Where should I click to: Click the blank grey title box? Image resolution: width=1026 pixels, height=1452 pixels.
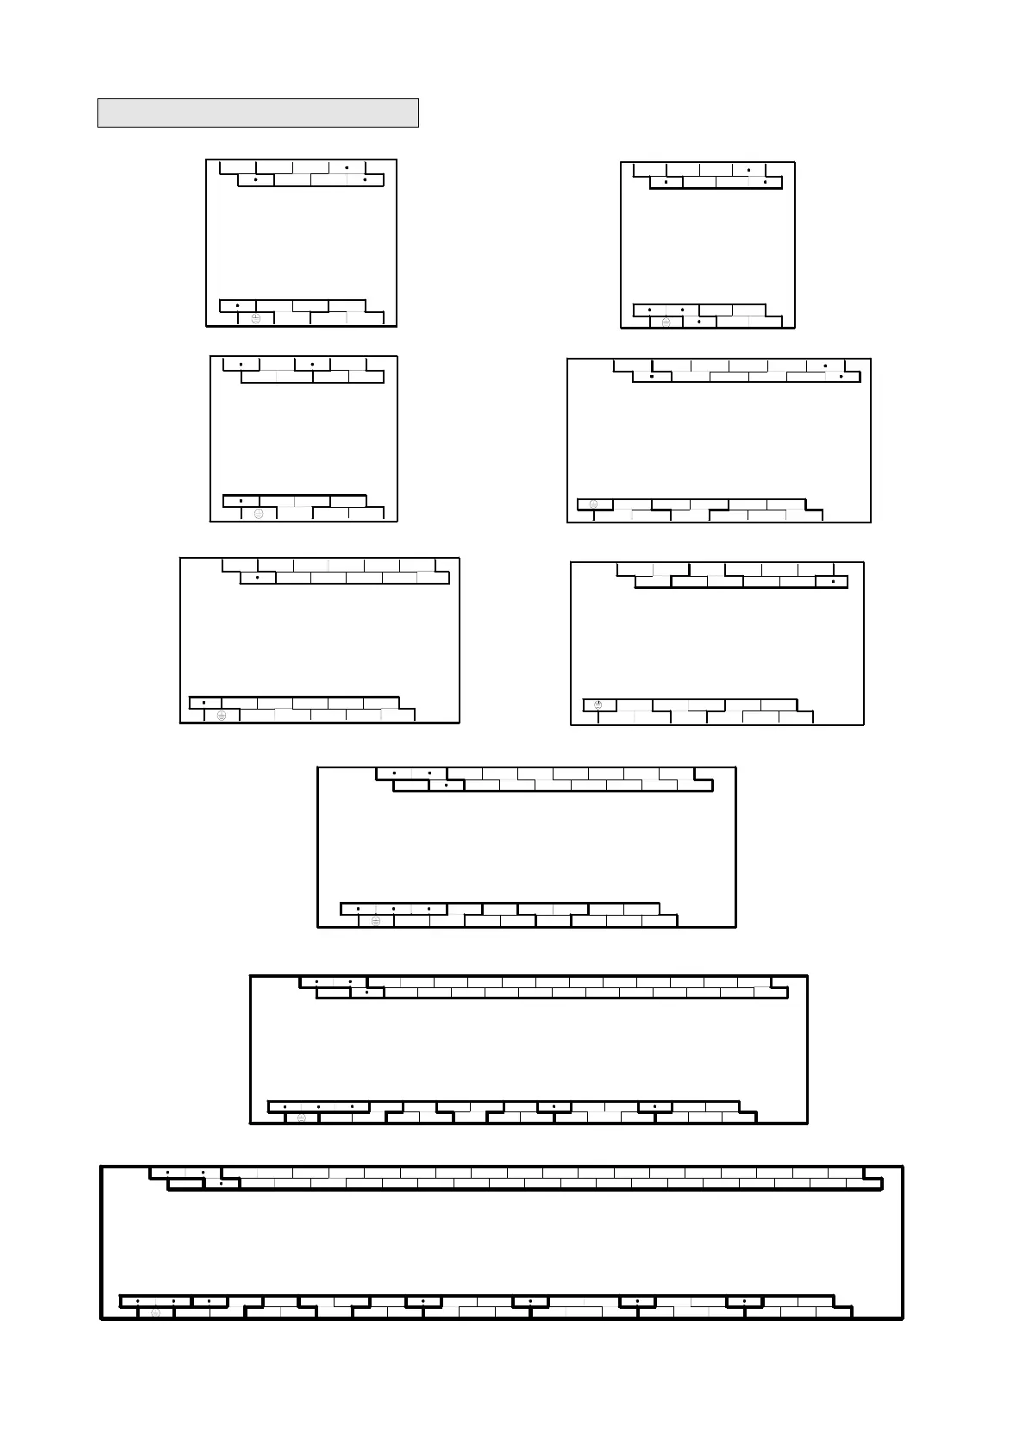click(x=258, y=113)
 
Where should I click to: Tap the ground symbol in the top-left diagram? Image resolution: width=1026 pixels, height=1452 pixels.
click(x=256, y=319)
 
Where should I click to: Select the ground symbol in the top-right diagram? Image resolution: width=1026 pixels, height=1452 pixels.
click(x=666, y=322)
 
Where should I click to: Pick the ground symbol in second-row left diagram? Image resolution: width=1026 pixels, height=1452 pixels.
click(x=259, y=514)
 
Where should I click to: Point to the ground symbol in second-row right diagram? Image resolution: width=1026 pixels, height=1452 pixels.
click(x=593, y=504)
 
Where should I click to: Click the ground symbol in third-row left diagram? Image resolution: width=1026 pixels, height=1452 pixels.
click(x=222, y=716)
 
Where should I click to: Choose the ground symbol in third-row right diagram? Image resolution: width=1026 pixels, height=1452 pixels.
click(x=598, y=705)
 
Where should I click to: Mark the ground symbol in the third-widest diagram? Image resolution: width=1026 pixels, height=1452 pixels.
click(x=376, y=921)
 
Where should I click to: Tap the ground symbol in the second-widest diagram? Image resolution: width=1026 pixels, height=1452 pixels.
click(x=301, y=1118)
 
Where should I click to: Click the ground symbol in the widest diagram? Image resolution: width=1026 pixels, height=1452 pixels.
click(x=155, y=1313)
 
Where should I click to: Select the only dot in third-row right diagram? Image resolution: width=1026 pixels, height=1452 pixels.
click(x=833, y=582)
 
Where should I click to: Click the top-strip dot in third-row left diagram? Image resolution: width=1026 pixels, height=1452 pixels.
click(x=258, y=577)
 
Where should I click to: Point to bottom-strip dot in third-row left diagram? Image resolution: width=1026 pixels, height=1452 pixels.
click(x=204, y=703)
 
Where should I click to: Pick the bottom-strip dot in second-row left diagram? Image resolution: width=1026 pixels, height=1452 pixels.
click(x=241, y=501)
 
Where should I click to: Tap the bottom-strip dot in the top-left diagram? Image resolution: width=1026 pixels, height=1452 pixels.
click(x=238, y=306)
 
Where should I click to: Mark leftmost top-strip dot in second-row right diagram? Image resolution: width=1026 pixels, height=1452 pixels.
click(x=652, y=377)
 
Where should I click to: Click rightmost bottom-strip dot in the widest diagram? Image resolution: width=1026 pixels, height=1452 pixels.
click(x=744, y=1301)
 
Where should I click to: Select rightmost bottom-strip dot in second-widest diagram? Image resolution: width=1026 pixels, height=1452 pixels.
click(x=655, y=1106)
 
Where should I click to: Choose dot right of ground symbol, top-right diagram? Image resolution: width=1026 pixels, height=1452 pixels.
click(x=699, y=322)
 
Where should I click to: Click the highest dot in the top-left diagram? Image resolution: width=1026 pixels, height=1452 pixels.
click(x=347, y=167)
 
